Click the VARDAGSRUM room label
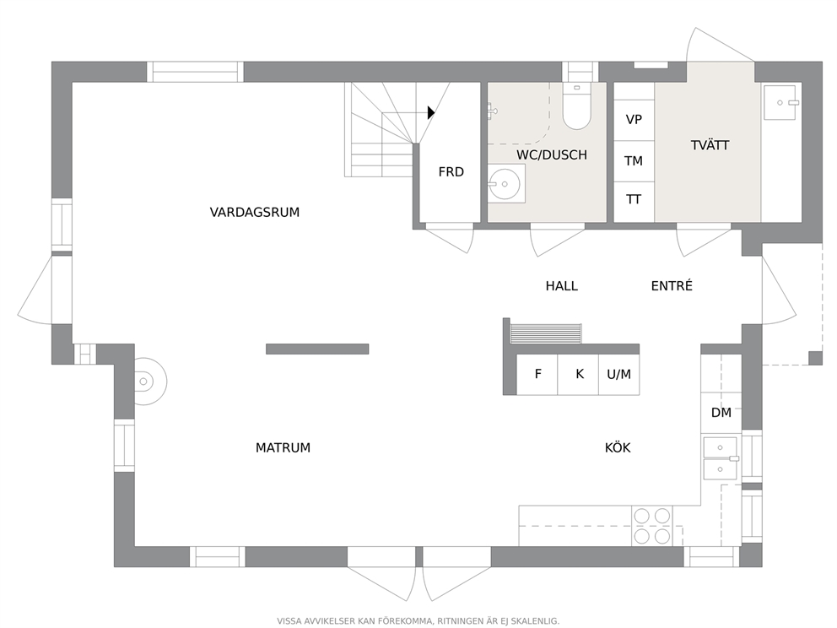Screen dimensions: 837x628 pyautogui.click(x=255, y=213)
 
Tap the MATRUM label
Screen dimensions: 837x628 pyautogui.click(x=283, y=447)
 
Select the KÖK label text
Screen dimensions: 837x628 pyautogui.click(x=618, y=447)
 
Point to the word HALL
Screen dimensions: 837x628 pyautogui.click(x=562, y=286)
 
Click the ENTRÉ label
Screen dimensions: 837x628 pyautogui.click(x=672, y=285)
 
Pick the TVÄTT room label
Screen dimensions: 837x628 pyautogui.click(x=710, y=144)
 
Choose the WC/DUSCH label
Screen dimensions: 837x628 pyautogui.click(x=552, y=154)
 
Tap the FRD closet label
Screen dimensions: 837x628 pyautogui.click(x=451, y=172)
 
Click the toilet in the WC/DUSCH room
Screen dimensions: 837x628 pyautogui.click(x=576, y=106)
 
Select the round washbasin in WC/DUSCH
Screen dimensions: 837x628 pyautogui.click(x=505, y=184)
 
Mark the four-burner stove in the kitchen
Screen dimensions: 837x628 pyautogui.click(x=651, y=526)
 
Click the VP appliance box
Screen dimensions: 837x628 pyautogui.click(x=634, y=120)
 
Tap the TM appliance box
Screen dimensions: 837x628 pyautogui.click(x=634, y=160)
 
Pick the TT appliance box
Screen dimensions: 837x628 pyautogui.click(x=634, y=200)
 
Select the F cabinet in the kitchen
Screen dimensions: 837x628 pyautogui.click(x=537, y=374)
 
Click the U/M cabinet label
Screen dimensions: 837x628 pyautogui.click(x=618, y=374)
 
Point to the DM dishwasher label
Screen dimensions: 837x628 pyautogui.click(x=721, y=413)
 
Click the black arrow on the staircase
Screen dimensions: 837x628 pyautogui.click(x=431, y=112)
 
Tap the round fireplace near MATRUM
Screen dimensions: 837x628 pyautogui.click(x=149, y=382)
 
